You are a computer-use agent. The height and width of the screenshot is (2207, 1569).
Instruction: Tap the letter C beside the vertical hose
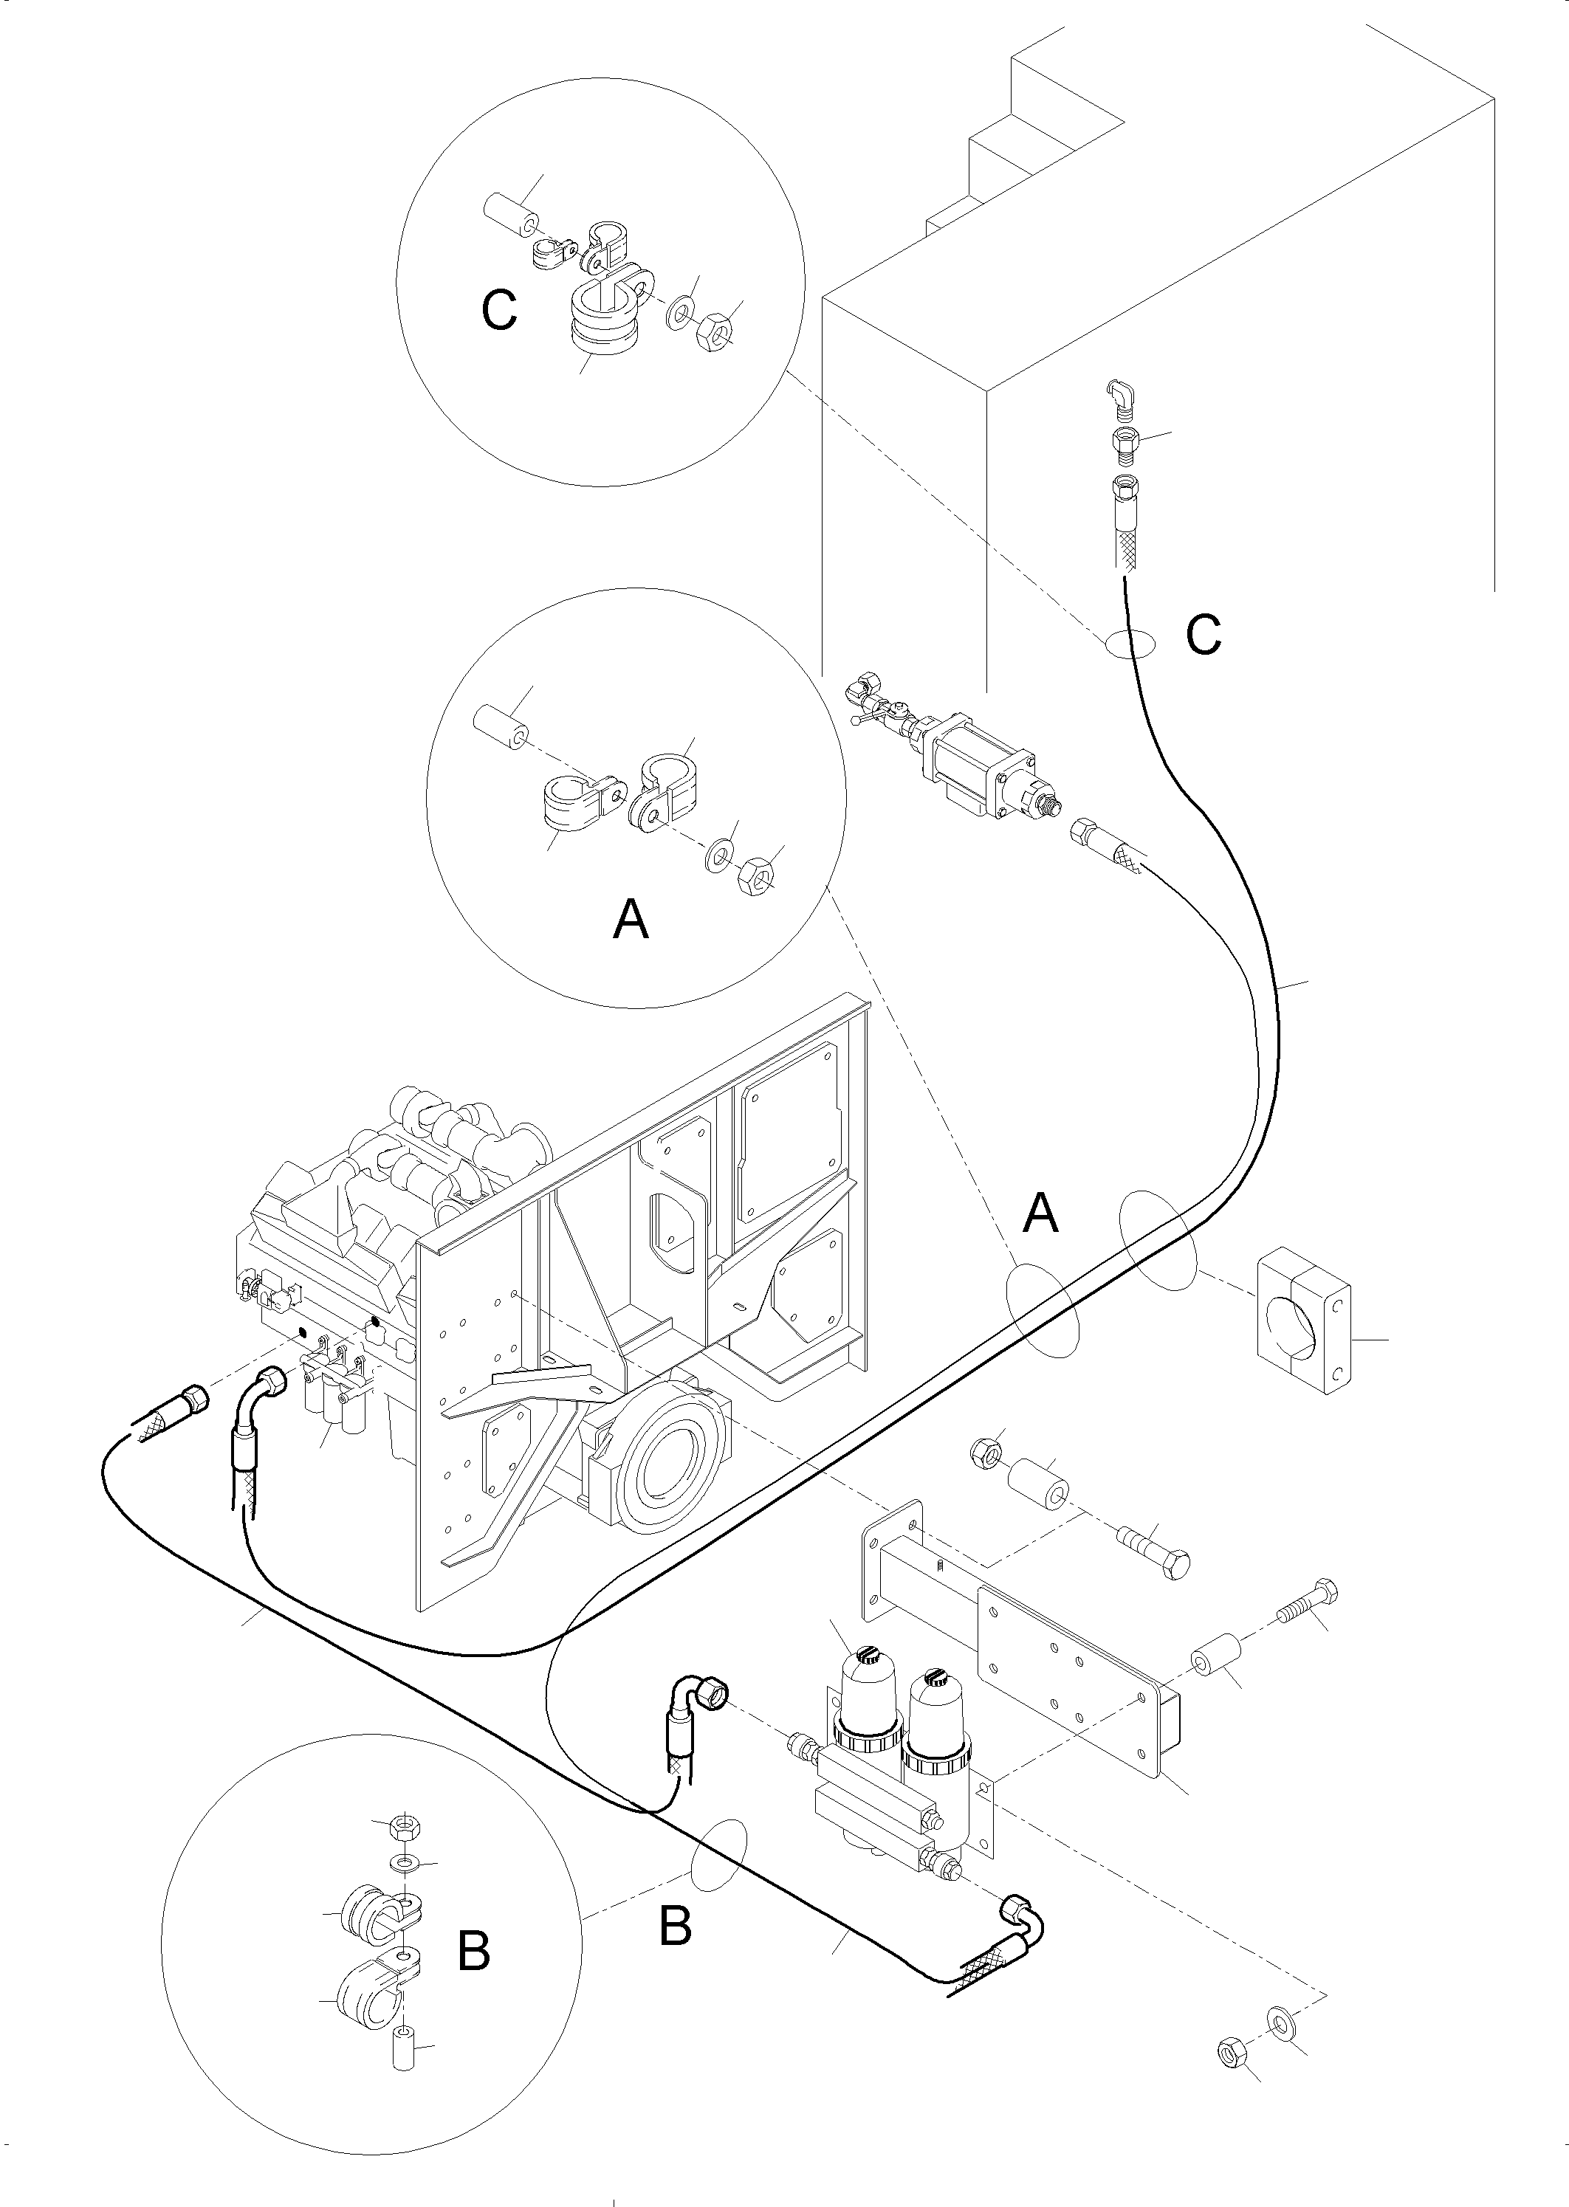pyautogui.click(x=1204, y=635)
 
